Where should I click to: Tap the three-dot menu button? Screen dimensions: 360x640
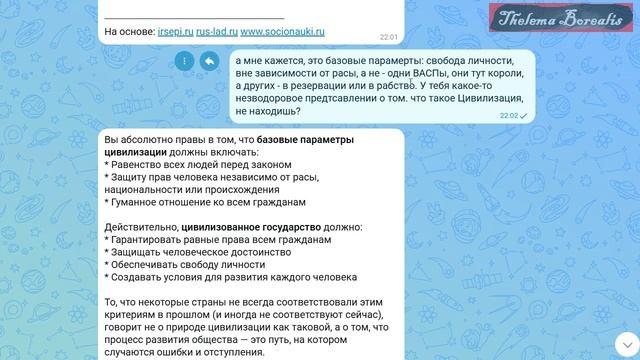point(183,61)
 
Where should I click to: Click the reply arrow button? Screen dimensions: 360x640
point(209,61)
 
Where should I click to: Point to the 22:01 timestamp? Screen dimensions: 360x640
point(388,37)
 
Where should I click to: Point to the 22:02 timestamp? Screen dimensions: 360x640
point(509,116)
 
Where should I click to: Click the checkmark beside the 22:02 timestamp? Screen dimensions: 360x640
point(524,116)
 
